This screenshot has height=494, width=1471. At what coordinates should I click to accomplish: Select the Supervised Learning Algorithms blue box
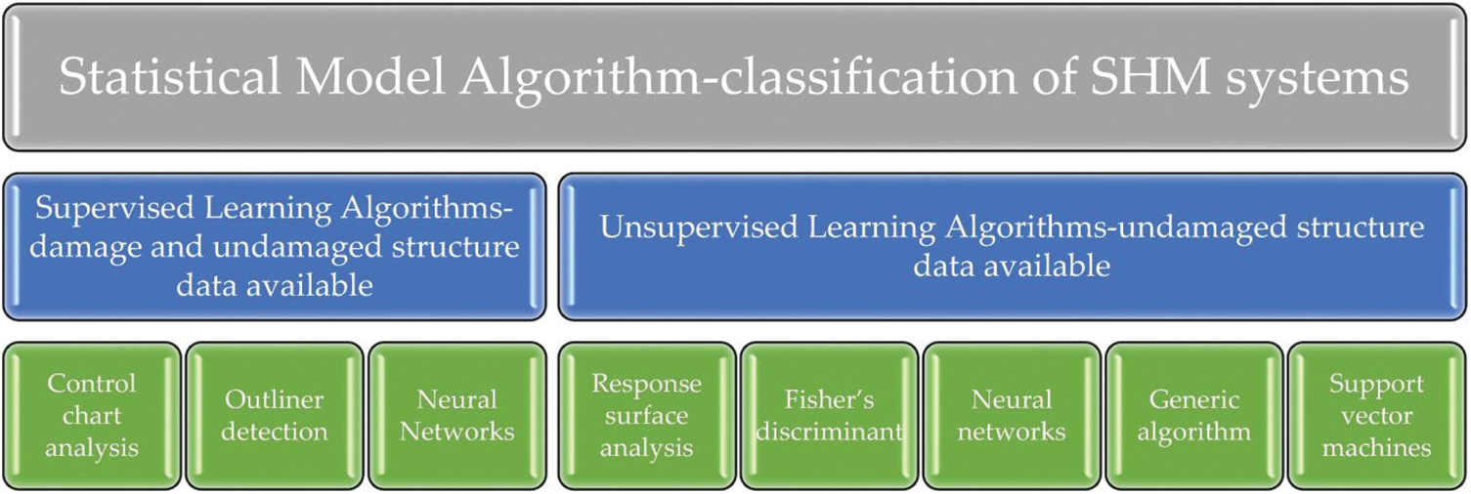tap(274, 246)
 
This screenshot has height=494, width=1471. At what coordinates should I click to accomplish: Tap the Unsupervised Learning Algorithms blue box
tap(1012, 246)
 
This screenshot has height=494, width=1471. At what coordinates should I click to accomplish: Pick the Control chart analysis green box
tap(92, 415)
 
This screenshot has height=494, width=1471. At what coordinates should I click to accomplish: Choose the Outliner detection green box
tap(275, 415)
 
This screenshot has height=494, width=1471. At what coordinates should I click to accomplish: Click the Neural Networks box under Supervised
tap(456, 415)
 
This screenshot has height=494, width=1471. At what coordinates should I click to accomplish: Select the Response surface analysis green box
tap(646, 415)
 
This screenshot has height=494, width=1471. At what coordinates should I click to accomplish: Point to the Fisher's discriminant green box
tap(829, 415)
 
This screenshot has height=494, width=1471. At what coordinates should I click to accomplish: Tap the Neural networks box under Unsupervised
tap(1012, 415)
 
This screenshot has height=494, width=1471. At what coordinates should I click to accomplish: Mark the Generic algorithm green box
tap(1194, 415)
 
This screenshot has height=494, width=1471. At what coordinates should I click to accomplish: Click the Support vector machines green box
tap(1377, 415)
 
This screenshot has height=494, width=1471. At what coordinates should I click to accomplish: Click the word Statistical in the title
tap(167, 77)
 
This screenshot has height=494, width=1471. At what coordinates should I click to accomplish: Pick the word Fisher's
tap(829, 399)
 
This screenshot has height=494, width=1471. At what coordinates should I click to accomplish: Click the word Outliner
tap(275, 399)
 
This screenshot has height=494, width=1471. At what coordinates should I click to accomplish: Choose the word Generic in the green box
tap(1194, 399)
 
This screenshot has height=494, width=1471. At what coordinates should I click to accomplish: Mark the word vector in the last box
tap(1377, 416)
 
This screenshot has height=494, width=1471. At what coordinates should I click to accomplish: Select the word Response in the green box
tap(646, 384)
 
